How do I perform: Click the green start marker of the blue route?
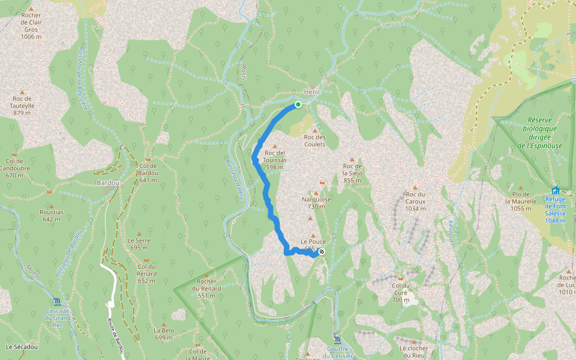point(298,104)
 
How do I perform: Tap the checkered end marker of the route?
point(322,252)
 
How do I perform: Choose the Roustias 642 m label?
point(52,215)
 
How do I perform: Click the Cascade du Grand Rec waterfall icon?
point(57,301)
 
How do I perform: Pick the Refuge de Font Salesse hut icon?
point(555,191)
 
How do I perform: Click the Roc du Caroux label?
point(415,201)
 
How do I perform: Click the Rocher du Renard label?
point(209,288)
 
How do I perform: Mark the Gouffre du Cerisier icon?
point(337,340)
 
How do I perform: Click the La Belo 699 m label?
point(164,334)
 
